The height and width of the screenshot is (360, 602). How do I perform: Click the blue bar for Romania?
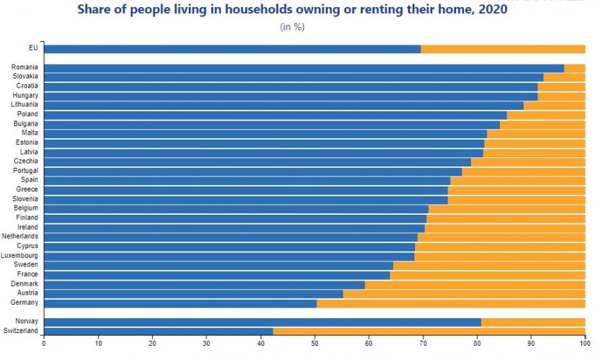click(x=304, y=68)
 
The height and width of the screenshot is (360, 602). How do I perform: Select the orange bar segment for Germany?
click(x=450, y=303)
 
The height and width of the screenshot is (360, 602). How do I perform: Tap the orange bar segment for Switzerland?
click(x=428, y=331)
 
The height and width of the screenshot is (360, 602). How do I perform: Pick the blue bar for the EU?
click(x=232, y=49)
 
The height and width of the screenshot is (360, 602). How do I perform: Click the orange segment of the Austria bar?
click(x=464, y=293)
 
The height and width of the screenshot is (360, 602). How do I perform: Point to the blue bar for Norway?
click(x=262, y=322)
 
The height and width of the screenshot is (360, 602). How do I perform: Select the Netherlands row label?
click(x=21, y=236)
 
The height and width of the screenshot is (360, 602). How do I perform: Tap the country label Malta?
click(x=29, y=133)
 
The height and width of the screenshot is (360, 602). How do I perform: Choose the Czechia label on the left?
click(x=25, y=161)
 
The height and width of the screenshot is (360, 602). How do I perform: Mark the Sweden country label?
click(x=27, y=264)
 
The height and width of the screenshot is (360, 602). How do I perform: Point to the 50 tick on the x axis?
click(x=314, y=344)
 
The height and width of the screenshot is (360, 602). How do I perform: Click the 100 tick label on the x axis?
click(x=584, y=344)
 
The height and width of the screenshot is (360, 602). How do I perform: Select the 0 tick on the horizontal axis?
click(x=44, y=344)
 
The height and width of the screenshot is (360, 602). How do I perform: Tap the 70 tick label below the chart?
click(x=423, y=344)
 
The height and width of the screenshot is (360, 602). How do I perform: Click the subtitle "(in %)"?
click(x=292, y=27)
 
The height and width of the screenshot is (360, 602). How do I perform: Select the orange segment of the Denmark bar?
click(x=475, y=284)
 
